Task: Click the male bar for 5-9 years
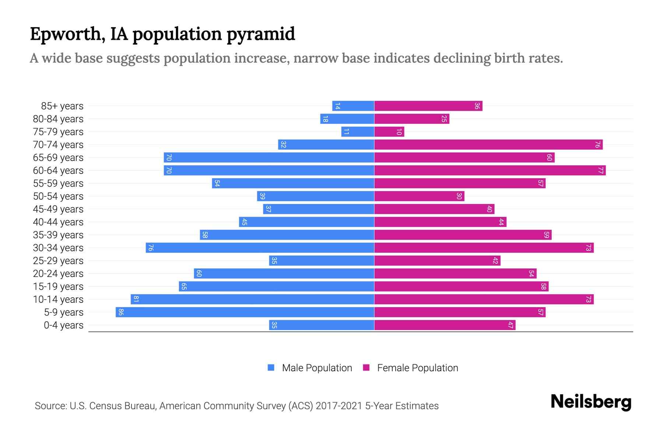click(245, 312)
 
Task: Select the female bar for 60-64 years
click(490, 170)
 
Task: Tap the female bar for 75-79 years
click(389, 131)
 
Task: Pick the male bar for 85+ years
click(353, 106)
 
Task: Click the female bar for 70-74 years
click(488, 144)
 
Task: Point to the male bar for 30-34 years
click(260, 248)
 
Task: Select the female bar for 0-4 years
click(445, 325)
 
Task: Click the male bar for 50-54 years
click(316, 196)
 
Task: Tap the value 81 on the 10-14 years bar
click(136, 299)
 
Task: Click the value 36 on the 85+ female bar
click(477, 106)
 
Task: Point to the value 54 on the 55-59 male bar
click(217, 183)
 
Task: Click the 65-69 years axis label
click(58, 158)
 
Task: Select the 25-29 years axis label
click(58, 261)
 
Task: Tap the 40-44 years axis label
click(58, 222)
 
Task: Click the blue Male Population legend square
click(271, 368)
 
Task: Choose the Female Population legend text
click(417, 368)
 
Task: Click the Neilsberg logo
click(591, 402)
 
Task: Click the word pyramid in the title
click(260, 34)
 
